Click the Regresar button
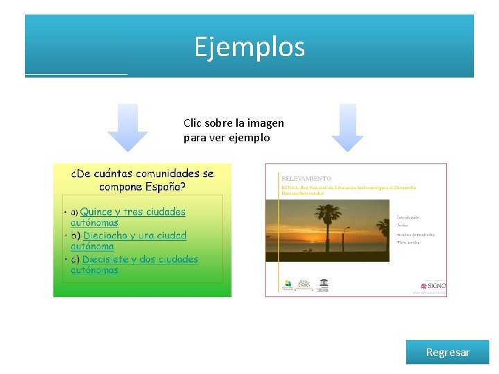tap(448, 353)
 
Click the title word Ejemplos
tap(249, 47)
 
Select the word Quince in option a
tap(96, 212)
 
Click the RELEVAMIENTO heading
tap(306, 178)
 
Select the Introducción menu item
tap(408, 217)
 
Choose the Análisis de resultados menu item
tap(416, 234)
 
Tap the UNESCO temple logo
tap(323, 285)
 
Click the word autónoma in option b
tap(92, 247)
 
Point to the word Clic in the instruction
tap(192, 123)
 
